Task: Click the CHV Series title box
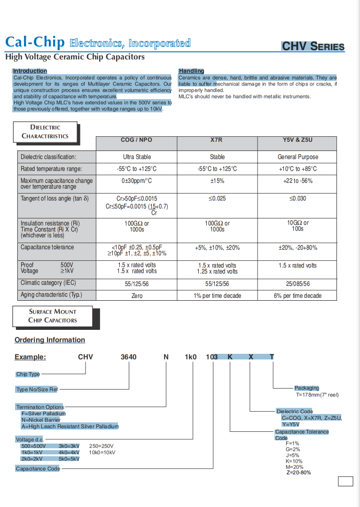tap(313, 47)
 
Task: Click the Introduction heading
tap(30, 71)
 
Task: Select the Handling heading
tap(191, 71)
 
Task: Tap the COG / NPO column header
tap(136, 140)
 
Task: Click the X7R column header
tap(217, 140)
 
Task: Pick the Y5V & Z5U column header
tap(297, 140)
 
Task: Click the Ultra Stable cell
tap(136, 157)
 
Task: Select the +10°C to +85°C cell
tap(297, 169)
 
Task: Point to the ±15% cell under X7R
tap(217, 181)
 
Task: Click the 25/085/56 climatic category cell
tap(297, 284)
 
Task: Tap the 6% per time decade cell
tap(297, 296)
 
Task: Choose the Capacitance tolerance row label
tap(47, 247)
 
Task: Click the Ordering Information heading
tap(50, 340)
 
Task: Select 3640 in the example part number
tap(129, 357)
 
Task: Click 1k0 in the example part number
tap(190, 357)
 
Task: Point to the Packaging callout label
tap(306, 388)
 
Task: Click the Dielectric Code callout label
tap(295, 412)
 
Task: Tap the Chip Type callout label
tap(28, 374)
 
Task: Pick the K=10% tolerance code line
tap(294, 461)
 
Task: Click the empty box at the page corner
tap(345, 481)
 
